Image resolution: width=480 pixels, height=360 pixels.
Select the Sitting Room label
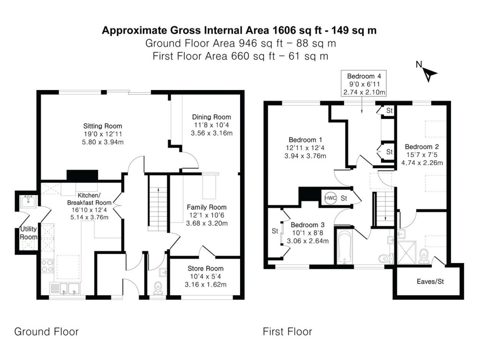tap(103, 126)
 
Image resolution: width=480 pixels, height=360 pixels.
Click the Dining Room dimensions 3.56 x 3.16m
tap(212, 133)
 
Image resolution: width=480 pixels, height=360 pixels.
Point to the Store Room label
tap(205, 269)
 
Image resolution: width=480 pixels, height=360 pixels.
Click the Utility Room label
tap(28, 233)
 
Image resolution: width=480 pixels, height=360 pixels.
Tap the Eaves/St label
tap(429, 282)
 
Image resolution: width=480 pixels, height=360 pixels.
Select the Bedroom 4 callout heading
tap(364, 76)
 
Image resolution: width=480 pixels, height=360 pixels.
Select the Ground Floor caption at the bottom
tap(46, 332)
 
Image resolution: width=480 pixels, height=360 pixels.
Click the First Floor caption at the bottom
tap(287, 332)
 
